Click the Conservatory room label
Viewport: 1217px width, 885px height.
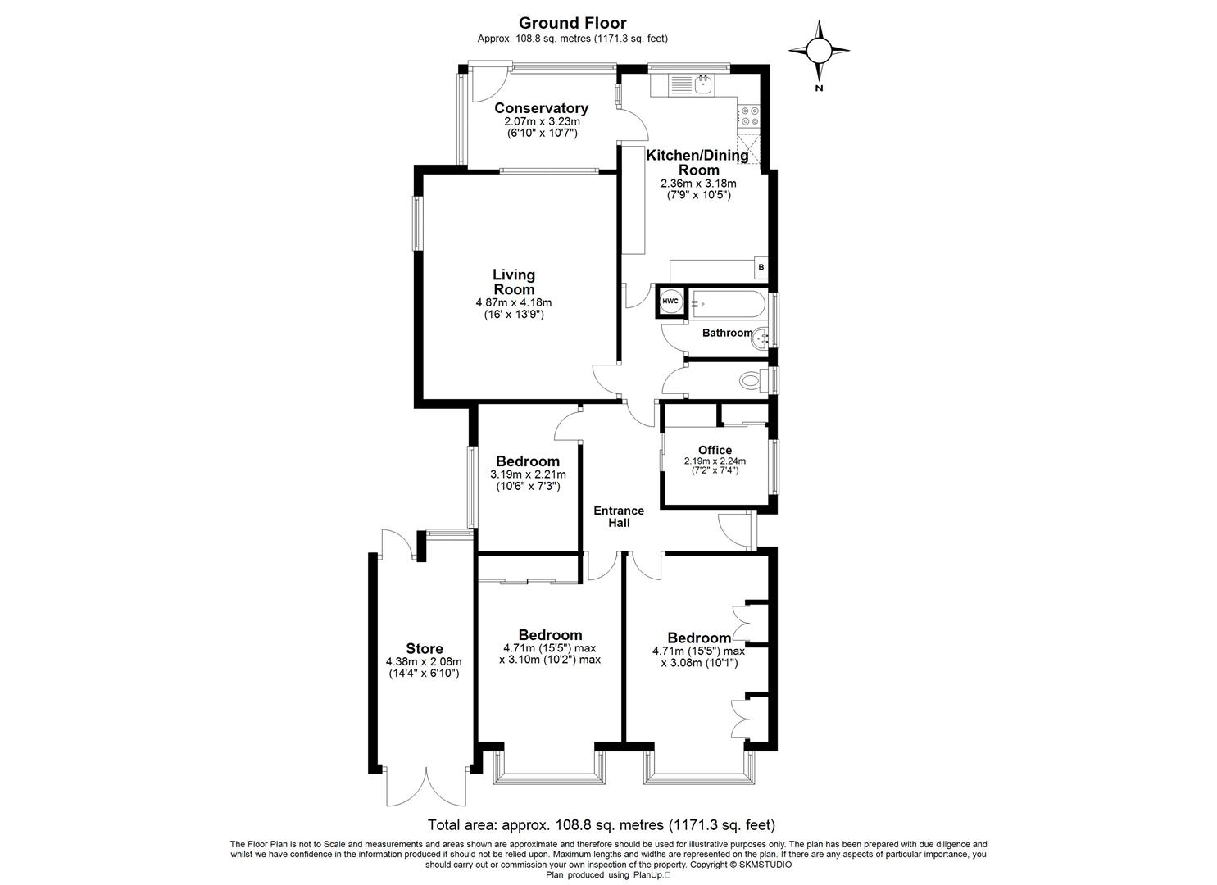(541, 108)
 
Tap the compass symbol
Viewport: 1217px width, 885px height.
(819, 52)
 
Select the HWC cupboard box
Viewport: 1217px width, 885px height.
(670, 302)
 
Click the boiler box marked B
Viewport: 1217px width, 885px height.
(761, 267)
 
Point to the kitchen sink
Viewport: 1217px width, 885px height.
(702, 83)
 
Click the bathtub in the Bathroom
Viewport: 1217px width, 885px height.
(729, 304)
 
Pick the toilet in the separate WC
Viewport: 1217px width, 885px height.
(751, 380)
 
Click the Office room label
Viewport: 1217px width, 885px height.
(715, 450)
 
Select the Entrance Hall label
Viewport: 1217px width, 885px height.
(619, 516)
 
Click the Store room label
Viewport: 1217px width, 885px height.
(425, 649)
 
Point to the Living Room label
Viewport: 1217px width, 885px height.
(514, 282)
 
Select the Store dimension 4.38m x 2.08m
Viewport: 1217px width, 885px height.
(424, 662)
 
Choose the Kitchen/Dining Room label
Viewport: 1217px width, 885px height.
(697, 162)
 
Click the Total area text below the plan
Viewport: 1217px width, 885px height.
(601, 825)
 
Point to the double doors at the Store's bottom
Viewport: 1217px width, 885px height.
(426, 787)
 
